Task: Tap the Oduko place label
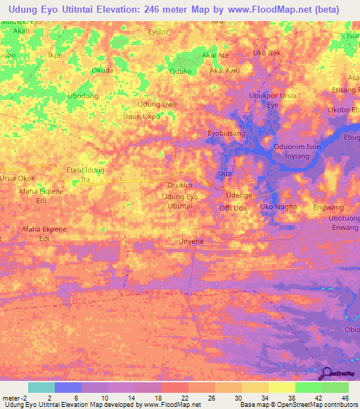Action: click(x=181, y=71)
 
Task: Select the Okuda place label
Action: click(x=103, y=70)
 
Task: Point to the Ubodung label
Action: click(x=82, y=96)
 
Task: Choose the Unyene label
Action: click(x=191, y=241)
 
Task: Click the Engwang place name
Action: click(x=328, y=208)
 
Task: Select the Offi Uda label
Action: click(x=233, y=209)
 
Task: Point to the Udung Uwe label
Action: click(x=157, y=104)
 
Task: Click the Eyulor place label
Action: click(x=159, y=32)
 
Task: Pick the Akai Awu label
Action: click(x=225, y=71)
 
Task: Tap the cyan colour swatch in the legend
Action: click(x=41, y=387)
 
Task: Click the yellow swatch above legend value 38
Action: click(x=281, y=387)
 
